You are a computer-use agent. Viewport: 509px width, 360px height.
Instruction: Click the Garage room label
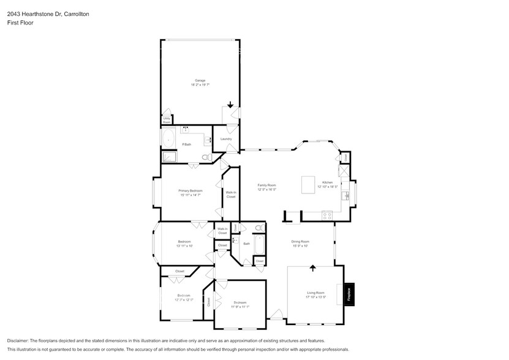tap(200, 80)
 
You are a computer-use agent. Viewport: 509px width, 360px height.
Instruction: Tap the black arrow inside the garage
tap(230, 105)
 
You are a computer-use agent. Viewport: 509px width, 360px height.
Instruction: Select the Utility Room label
tap(166, 119)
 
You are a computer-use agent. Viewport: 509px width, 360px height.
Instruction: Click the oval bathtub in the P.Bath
tap(168, 138)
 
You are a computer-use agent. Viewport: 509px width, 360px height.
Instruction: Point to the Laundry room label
tap(226, 139)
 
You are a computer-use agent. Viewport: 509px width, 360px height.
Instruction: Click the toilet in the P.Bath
tap(206, 157)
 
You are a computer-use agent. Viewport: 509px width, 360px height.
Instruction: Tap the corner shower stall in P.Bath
tap(168, 157)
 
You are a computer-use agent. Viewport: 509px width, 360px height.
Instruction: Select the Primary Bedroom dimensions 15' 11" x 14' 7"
tap(190, 195)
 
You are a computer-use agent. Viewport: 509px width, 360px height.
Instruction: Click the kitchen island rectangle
tap(308, 184)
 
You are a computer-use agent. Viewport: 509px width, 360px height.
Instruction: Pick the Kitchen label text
tap(327, 182)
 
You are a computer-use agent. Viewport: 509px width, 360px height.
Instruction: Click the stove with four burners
tap(327, 216)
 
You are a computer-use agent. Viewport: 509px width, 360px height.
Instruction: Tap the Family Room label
tap(267, 185)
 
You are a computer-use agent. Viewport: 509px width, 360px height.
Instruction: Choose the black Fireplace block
tap(349, 293)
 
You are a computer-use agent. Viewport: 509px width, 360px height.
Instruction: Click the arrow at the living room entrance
tap(313, 268)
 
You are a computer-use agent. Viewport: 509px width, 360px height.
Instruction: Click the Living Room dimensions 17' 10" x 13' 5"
tap(315, 297)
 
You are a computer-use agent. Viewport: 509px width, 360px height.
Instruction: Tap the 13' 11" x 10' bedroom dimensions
tap(184, 246)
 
